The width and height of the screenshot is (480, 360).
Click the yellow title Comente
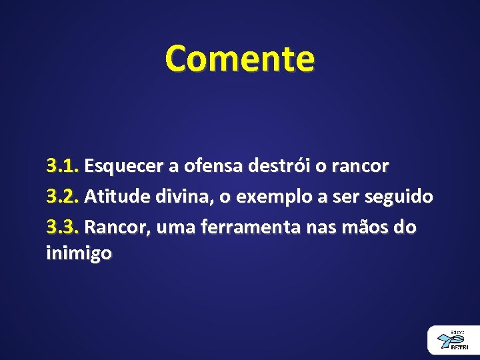click(x=240, y=59)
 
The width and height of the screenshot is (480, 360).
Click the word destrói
click(x=278, y=166)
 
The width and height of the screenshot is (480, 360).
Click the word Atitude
click(x=114, y=197)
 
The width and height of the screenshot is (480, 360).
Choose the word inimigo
click(x=79, y=253)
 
